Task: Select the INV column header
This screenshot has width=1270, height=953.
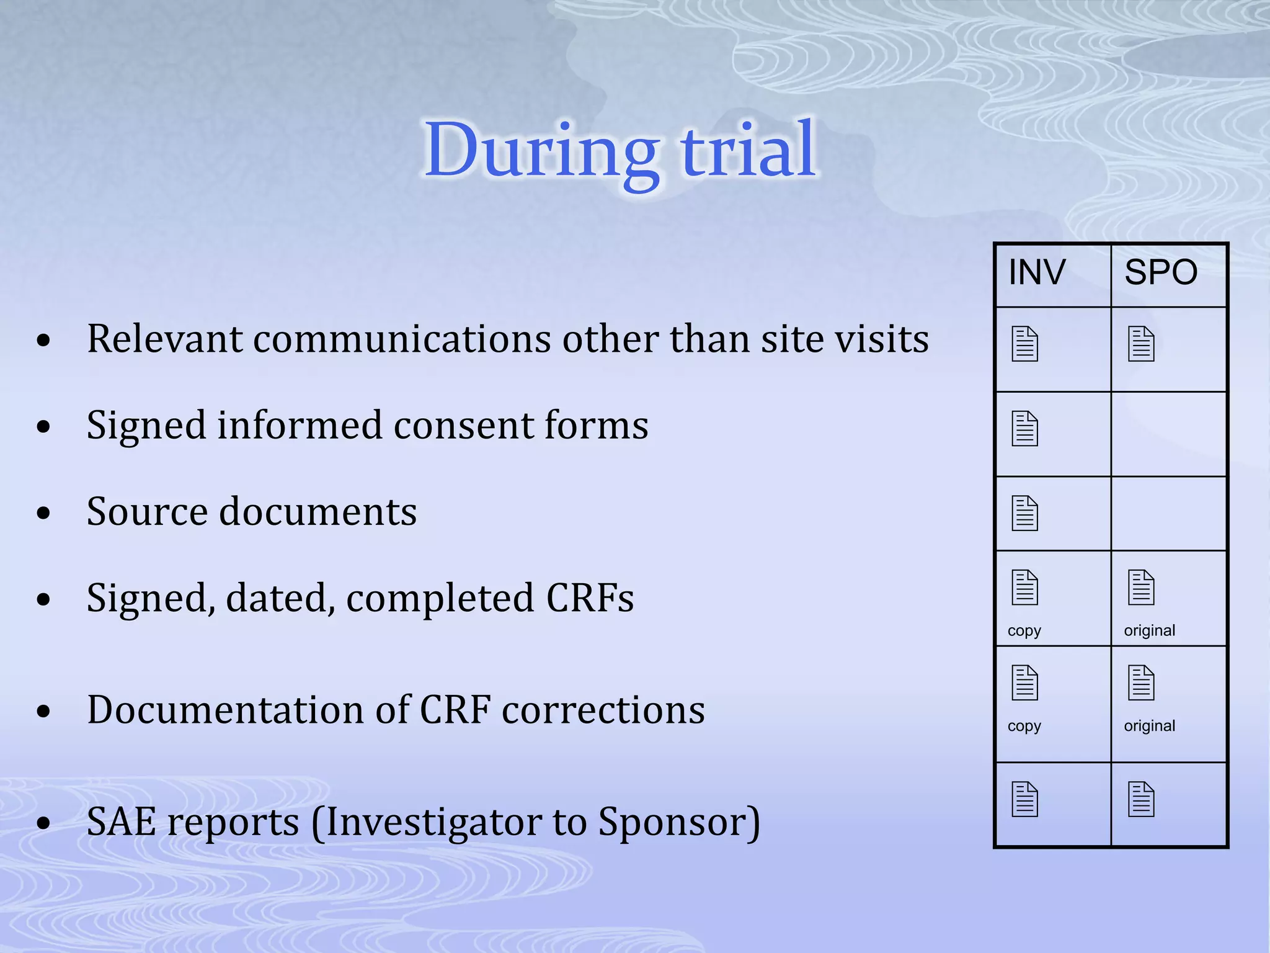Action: pyautogui.click(x=1037, y=272)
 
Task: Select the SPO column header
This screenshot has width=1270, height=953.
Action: pyautogui.click(x=1161, y=272)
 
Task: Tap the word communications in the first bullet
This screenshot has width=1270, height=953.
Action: pyautogui.click(x=402, y=339)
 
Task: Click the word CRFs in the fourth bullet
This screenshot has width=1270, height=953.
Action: pyautogui.click(x=590, y=598)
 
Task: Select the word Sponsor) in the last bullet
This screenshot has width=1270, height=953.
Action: pyautogui.click(x=679, y=822)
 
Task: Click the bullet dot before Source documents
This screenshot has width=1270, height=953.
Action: pyautogui.click(x=43, y=513)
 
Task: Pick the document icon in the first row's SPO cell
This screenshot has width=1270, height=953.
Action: pyautogui.click(x=1141, y=344)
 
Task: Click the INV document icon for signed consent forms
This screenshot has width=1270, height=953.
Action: pyautogui.click(x=1024, y=429)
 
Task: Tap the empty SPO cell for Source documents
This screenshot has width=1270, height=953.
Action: pyautogui.click(x=1169, y=513)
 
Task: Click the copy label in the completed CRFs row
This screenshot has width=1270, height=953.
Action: pyautogui.click(x=1024, y=630)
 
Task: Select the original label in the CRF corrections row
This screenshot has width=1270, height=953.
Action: pyautogui.click(x=1149, y=726)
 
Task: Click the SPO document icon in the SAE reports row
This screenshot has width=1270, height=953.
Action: pyautogui.click(x=1141, y=800)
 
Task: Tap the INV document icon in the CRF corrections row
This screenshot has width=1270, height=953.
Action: pyautogui.click(x=1024, y=682)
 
